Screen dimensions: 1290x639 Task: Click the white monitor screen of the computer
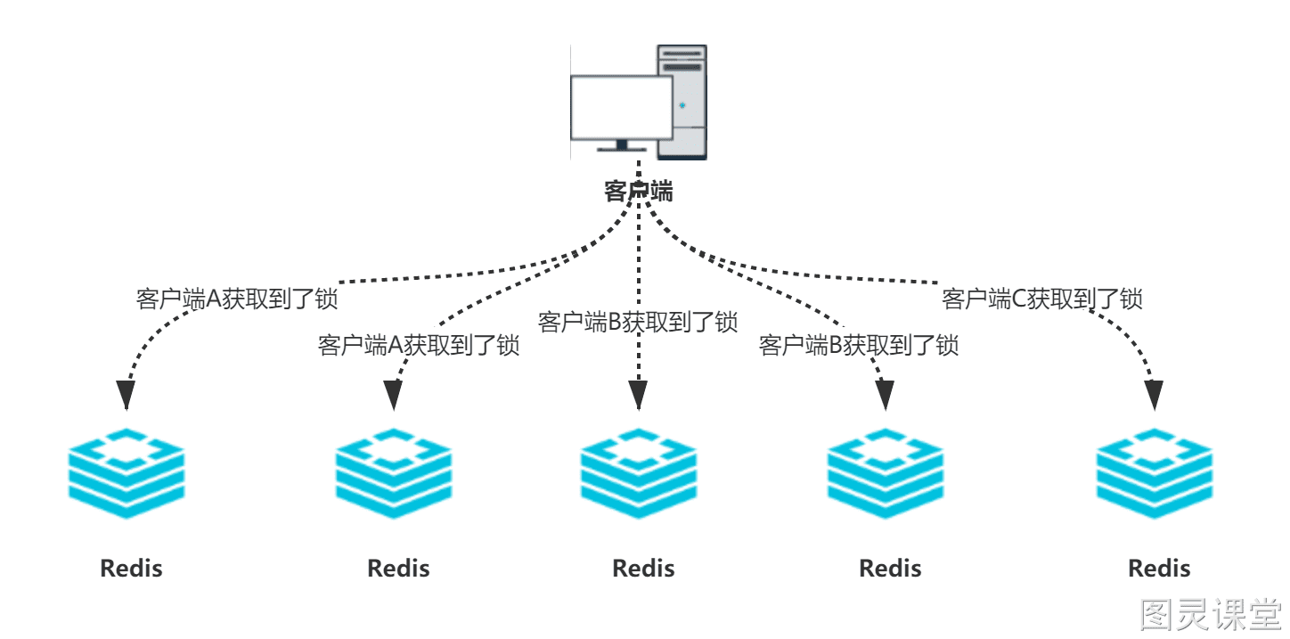621,107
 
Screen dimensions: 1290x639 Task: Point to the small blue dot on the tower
682,105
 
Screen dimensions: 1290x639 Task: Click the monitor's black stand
621,146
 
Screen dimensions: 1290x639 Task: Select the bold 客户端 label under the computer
638,192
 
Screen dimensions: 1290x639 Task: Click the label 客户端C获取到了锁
1041,299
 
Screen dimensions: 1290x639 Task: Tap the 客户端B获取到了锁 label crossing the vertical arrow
638,322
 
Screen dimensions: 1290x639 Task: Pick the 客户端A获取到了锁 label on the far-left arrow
237,299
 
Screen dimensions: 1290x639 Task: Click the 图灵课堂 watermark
1212,615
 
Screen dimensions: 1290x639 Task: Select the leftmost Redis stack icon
127,473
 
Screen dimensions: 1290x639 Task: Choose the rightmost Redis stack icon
1154,473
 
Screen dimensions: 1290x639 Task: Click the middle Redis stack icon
638,473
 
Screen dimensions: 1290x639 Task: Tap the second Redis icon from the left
394,473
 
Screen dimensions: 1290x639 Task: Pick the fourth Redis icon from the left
886,473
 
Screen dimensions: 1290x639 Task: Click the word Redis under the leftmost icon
131,568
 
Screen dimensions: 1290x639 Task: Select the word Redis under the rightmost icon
1159,568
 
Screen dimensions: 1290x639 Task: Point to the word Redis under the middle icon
643,568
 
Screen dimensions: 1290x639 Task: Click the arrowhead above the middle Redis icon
638,396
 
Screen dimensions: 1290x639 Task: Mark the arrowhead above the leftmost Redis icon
127,396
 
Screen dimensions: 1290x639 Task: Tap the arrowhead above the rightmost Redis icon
1154,396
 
